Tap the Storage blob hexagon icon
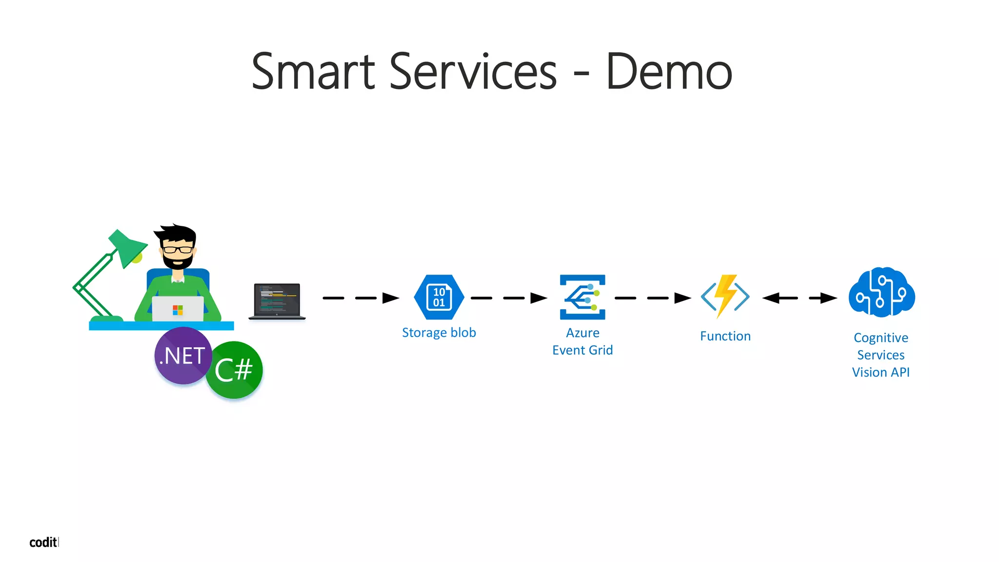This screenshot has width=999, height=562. pos(439,297)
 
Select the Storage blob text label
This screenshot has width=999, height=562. pos(439,333)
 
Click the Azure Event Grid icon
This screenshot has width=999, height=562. pos(582,297)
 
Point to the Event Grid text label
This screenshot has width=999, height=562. pos(582,350)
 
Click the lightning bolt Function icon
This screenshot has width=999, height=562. pos(725,296)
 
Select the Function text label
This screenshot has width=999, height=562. pos(725,336)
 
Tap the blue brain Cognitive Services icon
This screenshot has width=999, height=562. pos(881,292)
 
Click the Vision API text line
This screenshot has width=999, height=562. pos(880,372)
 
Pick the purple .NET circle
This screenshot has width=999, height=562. pos(183,356)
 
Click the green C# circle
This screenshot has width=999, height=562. pos(234,370)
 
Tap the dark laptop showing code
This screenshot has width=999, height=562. pos(277,301)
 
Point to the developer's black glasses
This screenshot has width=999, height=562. pos(178,250)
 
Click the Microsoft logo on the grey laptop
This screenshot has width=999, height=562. pos(178,310)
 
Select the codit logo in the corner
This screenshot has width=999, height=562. pos(44,542)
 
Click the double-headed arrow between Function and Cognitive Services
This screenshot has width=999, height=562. pos(799,298)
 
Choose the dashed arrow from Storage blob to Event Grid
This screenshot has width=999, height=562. pos(509,298)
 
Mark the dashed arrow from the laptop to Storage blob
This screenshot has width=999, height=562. pos(360,298)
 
